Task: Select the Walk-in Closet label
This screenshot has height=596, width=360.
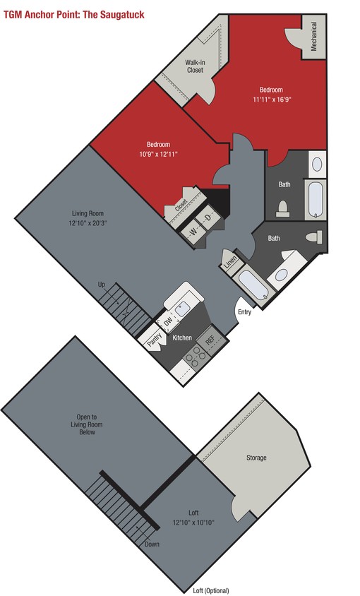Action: [195, 66]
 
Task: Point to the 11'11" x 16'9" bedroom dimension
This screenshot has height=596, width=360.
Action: [272, 100]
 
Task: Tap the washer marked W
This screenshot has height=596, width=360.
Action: [193, 230]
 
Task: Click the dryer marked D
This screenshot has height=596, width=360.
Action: [208, 217]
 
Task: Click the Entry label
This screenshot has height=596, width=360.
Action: [244, 311]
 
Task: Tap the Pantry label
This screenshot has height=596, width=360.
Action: [152, 340]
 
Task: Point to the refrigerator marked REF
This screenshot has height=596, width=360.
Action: [210, 339]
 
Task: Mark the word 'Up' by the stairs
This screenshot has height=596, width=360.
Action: [101, 284]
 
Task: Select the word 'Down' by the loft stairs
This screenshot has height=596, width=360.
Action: [152, 544]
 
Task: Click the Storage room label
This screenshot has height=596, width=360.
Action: [256, 458]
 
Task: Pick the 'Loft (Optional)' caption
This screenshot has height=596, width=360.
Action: [211, 590]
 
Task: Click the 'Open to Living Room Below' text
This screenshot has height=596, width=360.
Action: [87, 424]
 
